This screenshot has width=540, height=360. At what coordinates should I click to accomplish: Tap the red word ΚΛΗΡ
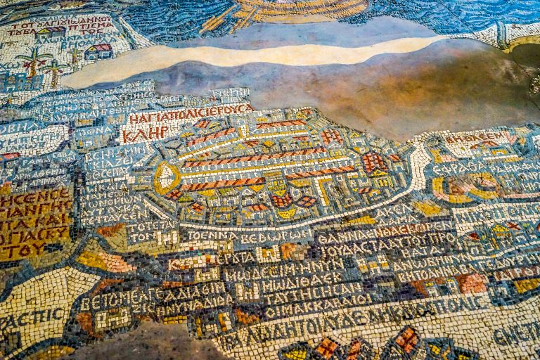pos(145,133)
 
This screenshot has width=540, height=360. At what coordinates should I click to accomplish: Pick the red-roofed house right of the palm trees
pos(98,51)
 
